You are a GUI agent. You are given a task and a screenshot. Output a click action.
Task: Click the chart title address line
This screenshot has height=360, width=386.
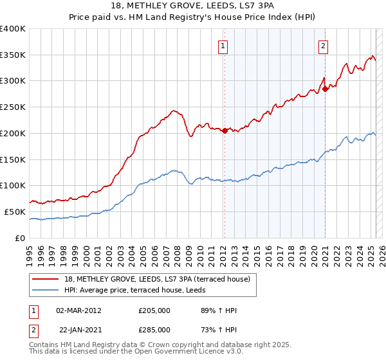pos(193,6)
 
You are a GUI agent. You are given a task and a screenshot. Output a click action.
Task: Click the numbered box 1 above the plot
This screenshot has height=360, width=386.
pos(223,45)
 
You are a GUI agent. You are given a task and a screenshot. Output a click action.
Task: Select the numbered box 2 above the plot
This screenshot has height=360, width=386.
pos(322,45)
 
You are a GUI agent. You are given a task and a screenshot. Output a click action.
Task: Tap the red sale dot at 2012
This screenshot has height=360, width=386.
pos(225,130)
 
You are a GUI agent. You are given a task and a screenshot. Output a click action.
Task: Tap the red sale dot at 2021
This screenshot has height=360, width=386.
pos(326,89)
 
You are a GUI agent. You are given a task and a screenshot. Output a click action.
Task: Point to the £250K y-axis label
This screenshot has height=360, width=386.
pos(13,107)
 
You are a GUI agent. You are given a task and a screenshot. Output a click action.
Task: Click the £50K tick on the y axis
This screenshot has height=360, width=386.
pos(15,212)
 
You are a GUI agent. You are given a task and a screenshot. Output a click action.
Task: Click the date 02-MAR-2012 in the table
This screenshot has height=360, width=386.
pos(78,310)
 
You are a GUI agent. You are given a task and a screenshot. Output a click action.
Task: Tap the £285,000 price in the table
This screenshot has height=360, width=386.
pos(154,329)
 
